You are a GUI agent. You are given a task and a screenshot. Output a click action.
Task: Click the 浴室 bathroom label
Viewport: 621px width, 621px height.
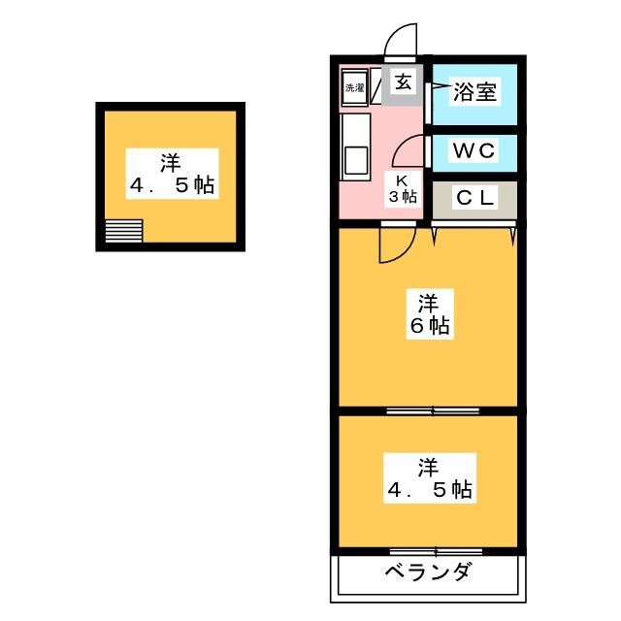[475, 93]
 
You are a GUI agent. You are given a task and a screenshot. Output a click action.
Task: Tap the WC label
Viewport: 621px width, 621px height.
[473, 150]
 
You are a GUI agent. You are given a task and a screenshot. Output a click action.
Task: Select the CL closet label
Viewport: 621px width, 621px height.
[475, 199]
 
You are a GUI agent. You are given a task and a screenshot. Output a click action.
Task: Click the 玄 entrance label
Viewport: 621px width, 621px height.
[402, 82]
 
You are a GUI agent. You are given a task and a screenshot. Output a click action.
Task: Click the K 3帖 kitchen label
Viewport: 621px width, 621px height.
[404, 187]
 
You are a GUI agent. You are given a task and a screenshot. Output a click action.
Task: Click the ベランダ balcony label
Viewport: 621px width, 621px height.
[427, 571]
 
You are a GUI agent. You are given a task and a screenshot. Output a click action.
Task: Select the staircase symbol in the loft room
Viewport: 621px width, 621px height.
[124, 232]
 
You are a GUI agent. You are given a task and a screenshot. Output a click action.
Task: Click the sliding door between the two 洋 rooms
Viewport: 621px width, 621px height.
[427, 411]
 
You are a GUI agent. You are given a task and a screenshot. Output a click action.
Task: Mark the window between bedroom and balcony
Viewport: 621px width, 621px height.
[427, 551]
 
